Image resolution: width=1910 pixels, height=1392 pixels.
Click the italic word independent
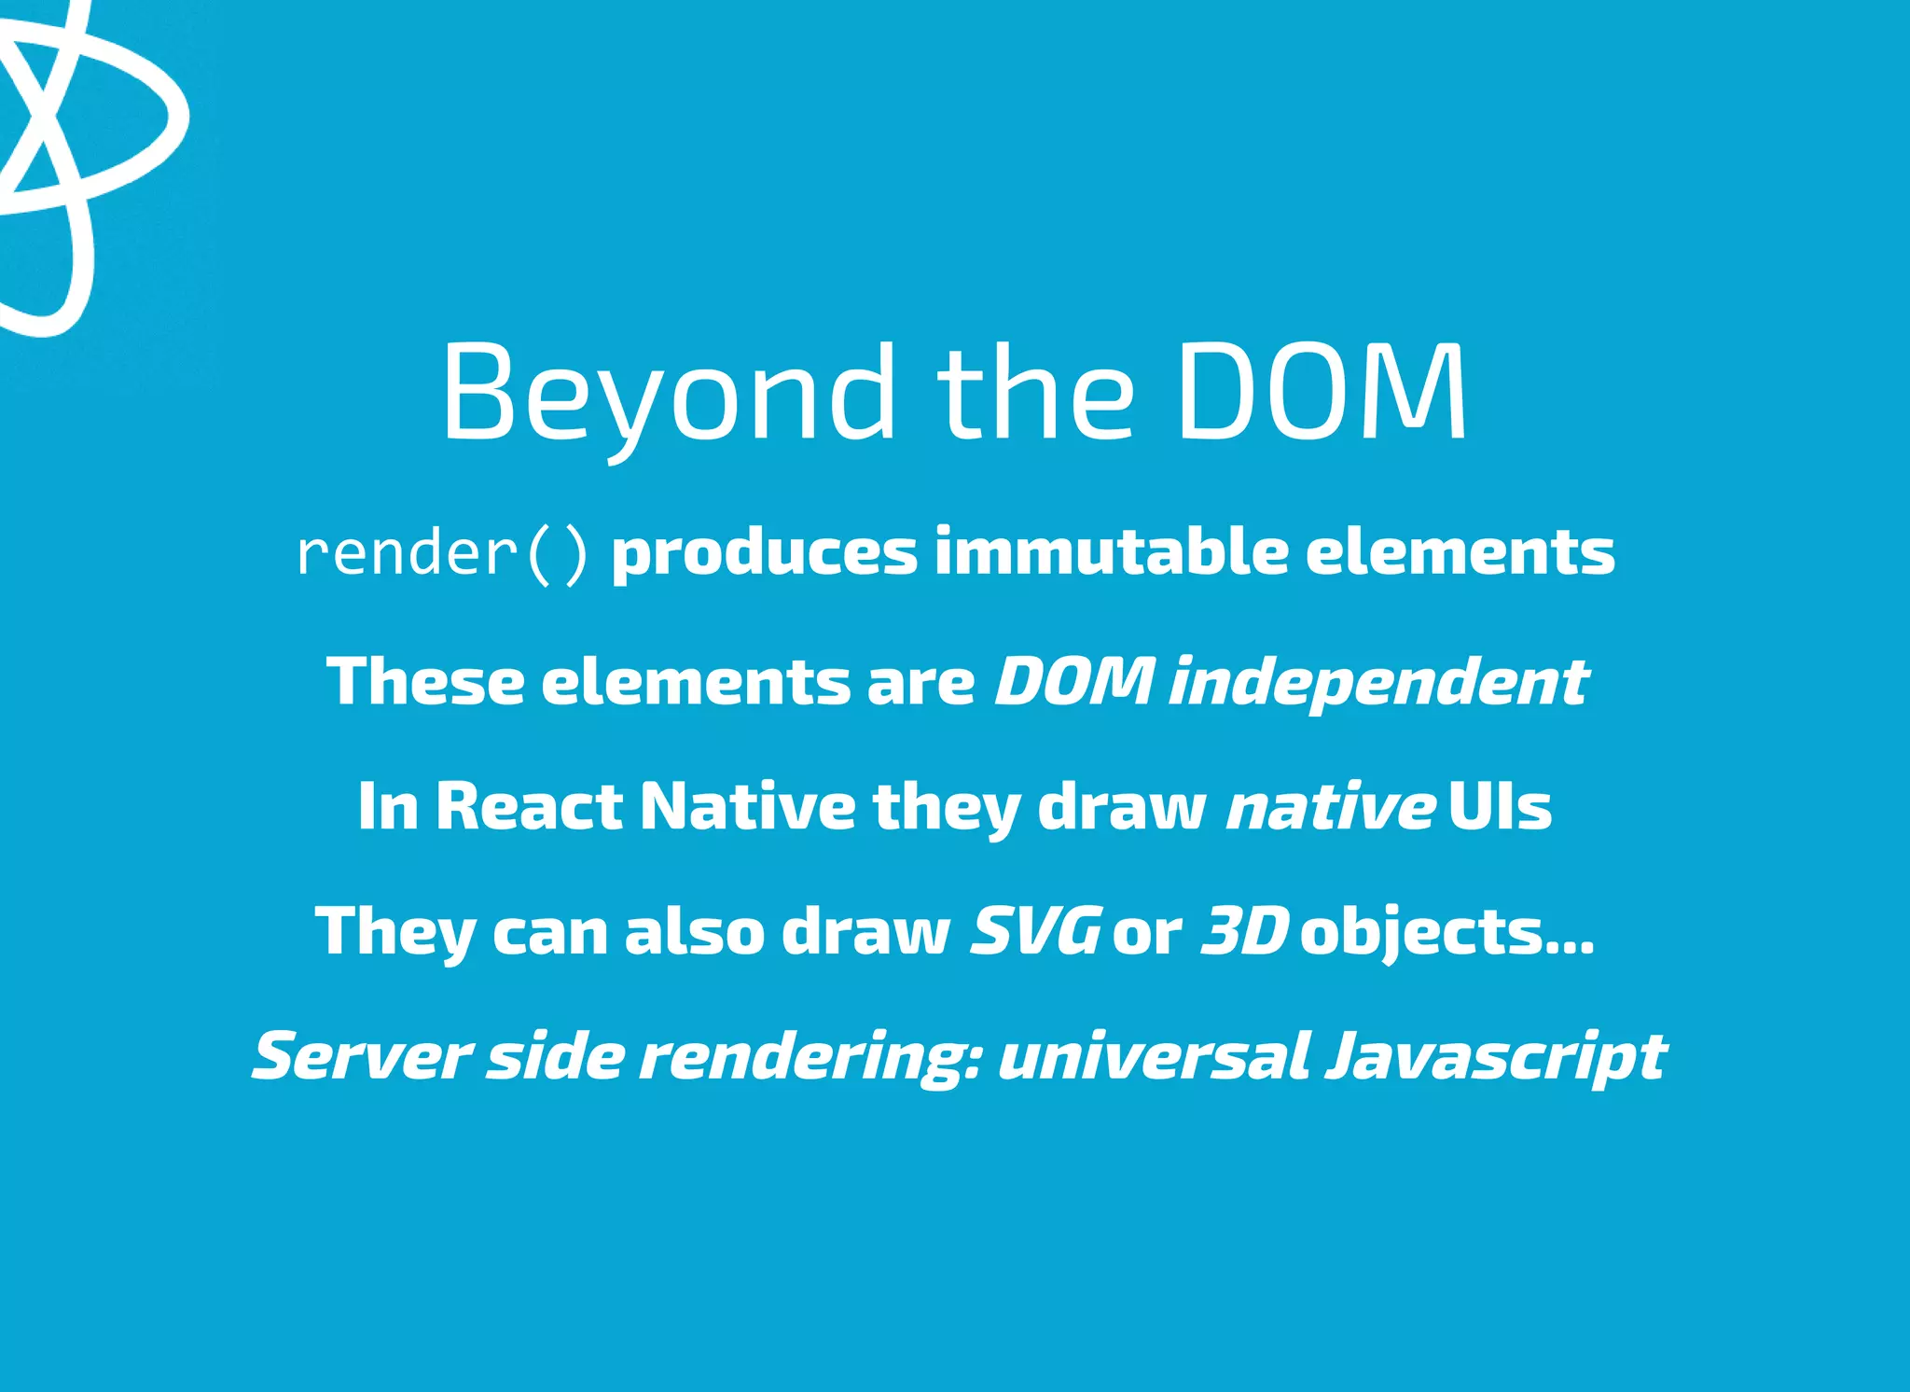[x=1378, y=682]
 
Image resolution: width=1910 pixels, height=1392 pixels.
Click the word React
[x=529, y=806]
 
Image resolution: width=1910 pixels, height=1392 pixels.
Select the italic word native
[x=1330, y=808]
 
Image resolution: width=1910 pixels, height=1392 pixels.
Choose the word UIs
[x=1500, y=806]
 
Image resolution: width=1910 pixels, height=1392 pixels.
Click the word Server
[x=360, y=1057]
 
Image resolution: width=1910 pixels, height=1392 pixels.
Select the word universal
[x=1154, y=1057]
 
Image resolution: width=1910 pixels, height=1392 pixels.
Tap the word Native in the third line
[x=747, y=806]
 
